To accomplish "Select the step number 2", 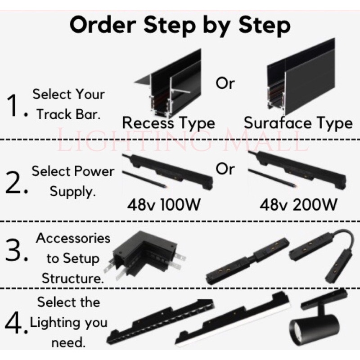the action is coord(15,182).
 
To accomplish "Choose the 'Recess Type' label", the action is coord(168,122).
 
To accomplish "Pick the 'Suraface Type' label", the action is coord(297,122).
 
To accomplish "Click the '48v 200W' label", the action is coord(298,205).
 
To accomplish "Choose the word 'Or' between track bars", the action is coord(225,84).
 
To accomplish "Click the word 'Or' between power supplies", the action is coord(225,169).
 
